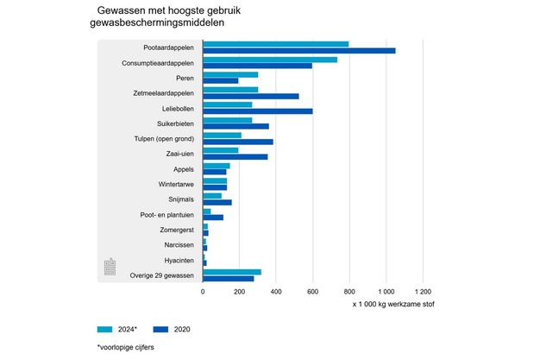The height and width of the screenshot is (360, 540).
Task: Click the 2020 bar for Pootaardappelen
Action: [x=298, y=50]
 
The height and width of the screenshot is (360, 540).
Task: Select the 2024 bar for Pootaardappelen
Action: [x=275, y=43]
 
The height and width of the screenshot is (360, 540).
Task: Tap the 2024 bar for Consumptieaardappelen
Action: [x=269, y=59]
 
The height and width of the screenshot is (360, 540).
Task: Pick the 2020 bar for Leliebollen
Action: [x=257, y=111]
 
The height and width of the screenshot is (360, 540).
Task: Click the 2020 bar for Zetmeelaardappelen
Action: [x=250, y=96]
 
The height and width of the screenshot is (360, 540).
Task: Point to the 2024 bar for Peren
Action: [x=229, y=74]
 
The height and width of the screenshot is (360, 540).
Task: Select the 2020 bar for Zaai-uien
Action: [x=235, y=157]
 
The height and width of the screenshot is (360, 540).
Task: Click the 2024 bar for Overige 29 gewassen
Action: [x=231, y=272]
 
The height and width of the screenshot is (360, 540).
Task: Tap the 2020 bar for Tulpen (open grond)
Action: [x=237, y=142]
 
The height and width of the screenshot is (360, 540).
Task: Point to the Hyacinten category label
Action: [x=179, y=260]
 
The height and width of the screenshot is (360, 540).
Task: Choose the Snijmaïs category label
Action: [x=179, y=199]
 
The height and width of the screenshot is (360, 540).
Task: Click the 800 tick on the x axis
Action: [x=348, y=292]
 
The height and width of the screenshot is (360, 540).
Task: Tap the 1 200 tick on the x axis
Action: [x=422, y=292]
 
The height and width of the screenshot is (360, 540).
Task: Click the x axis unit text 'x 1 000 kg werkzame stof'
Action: [x=392, y=305]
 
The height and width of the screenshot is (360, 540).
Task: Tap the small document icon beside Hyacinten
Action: [x=110, y=266]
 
